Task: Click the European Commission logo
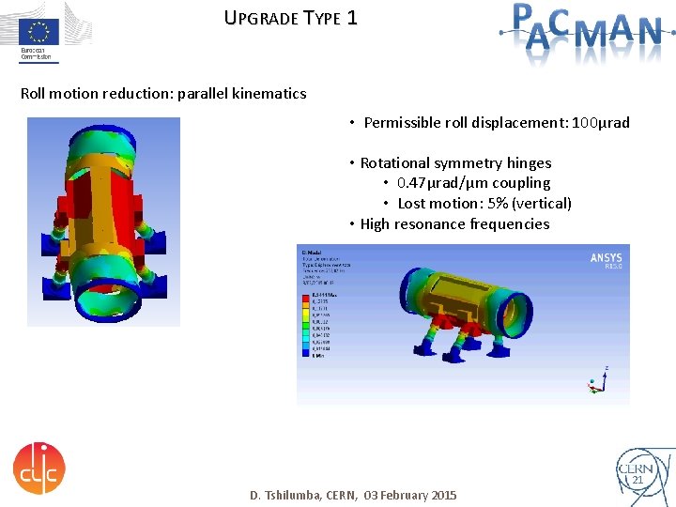(38, 33)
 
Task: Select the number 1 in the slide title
(351, 17)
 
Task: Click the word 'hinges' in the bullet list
(529, 163)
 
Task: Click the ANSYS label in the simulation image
(606, 259)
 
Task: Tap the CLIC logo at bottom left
(38, 467)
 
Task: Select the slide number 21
(638, 480)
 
